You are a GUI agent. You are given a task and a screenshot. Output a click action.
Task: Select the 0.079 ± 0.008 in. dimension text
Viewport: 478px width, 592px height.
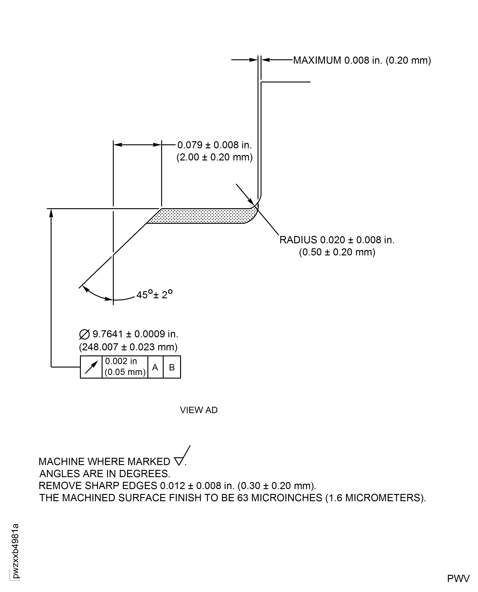(214, 145)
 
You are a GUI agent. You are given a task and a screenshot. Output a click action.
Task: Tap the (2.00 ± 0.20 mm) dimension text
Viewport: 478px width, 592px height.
(214, 157)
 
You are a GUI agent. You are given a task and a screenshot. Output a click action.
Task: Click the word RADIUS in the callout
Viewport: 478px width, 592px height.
(298, 240)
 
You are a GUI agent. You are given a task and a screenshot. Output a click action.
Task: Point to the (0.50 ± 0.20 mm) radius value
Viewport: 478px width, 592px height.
(337, 252)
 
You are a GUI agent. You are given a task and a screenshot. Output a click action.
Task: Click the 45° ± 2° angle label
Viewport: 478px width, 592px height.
(154, 294)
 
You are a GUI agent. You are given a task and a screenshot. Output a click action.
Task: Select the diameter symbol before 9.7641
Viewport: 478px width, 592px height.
(84, 334)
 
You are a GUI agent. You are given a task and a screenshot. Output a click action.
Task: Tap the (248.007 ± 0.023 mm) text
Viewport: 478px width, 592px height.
(128, 347)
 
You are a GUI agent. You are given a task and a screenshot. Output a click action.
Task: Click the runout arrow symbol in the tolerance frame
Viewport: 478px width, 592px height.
(91, 367)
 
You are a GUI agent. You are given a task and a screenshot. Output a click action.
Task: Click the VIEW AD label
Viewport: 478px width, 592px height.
(199, 410)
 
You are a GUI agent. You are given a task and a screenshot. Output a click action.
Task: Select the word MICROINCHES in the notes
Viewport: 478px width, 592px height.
(287, 498)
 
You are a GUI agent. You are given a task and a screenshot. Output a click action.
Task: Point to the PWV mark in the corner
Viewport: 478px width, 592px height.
(458, 578)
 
